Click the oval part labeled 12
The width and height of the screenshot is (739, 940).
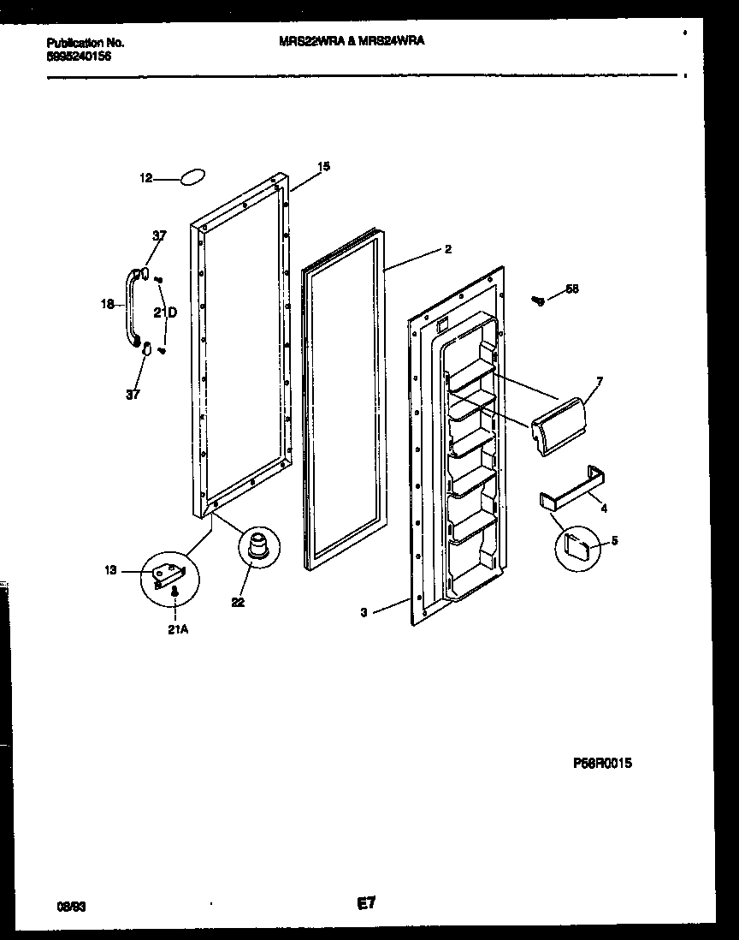(x=192, y=177)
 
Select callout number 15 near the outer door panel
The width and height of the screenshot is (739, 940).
(x=323, y=166)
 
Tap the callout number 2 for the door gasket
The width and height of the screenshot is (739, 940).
(x=447, y=250)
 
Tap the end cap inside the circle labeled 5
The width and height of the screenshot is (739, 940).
(x=580, y=544)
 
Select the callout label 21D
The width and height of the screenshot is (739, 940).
(x=165, y=313)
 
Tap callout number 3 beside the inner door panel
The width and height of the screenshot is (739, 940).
(x=364, y=612)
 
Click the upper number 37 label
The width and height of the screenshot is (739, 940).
(x=160, y=235)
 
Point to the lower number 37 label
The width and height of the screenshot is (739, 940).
(x=133, y=395)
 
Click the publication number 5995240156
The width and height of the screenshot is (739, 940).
(x=78, y=57)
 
